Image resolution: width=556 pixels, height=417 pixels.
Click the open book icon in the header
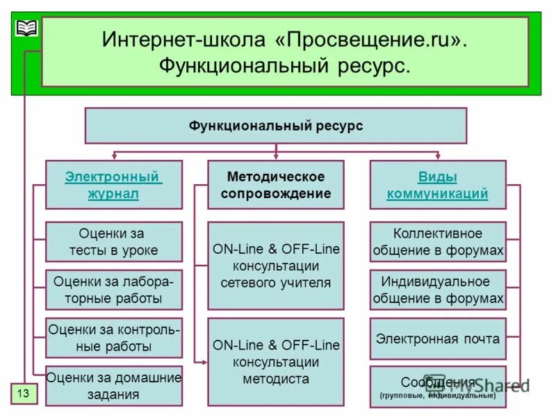coord(26,28)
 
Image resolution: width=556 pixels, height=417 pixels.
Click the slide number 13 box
coord(23,393)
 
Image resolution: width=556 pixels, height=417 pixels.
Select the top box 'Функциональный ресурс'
coord(276,126)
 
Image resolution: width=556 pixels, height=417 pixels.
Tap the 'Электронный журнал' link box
coord(114,185)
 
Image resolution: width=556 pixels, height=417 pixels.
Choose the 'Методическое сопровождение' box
coord(276,185)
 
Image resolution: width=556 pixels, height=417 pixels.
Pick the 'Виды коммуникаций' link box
coord(438,185)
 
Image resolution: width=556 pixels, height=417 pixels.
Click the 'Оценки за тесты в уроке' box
coord(114,242)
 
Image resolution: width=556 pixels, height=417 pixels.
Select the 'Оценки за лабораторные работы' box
coord(114,290)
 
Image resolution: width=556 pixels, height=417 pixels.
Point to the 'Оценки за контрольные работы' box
coord(114,338)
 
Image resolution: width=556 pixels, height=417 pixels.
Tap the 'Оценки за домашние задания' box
coord(114,386)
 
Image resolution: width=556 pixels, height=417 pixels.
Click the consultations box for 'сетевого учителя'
coord(276,265)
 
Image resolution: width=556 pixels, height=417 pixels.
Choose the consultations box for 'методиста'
coord(276,361)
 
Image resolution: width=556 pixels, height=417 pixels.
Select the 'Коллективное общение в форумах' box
coord(438,242)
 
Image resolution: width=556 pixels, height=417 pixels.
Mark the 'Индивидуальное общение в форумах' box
coord(438,290)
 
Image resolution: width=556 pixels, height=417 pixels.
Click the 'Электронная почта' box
coord(438,339)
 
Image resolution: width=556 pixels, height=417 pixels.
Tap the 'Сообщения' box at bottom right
coord(438,386)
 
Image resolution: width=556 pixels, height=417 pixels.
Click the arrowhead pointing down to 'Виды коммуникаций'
coord(438,156)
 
